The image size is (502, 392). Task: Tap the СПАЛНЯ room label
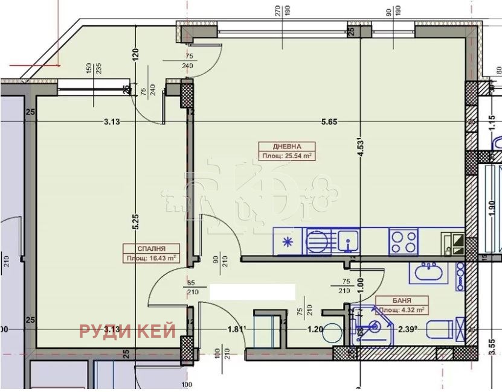point(151,248)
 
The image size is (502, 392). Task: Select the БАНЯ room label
point(402,300)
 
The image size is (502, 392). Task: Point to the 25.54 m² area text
point(288,156)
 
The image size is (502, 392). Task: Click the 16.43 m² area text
point(151,258)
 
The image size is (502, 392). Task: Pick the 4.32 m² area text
point(402,309)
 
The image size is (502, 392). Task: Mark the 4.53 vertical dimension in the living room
point(361,148)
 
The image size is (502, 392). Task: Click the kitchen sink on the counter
point(348,242)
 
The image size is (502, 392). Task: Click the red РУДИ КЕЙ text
point(127,330)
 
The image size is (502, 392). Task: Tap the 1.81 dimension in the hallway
point(236,330)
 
